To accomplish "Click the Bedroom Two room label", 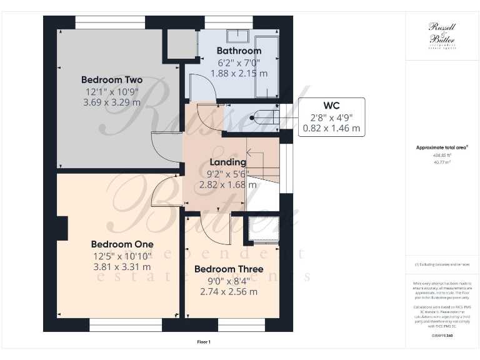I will (x=111, y=80).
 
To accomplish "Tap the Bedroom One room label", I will (x=122, y=244).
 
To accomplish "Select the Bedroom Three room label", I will (x=228, y=269).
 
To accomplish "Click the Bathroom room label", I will (x=238, y=51).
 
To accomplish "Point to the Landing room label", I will (x=227, y=162).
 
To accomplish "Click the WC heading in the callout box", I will (x=331, y=104).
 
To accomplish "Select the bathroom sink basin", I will (x=237, y=36).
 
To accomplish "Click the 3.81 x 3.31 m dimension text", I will (x=122, y=266).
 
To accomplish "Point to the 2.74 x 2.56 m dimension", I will (x=229, y=291).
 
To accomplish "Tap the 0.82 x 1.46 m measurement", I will (x=331, y=128).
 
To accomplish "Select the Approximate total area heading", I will (x=442, y=147).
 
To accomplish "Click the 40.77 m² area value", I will (x=442, y=162).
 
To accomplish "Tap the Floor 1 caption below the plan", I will (x=203, y=342).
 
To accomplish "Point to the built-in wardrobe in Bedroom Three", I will (x=264, y=229).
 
